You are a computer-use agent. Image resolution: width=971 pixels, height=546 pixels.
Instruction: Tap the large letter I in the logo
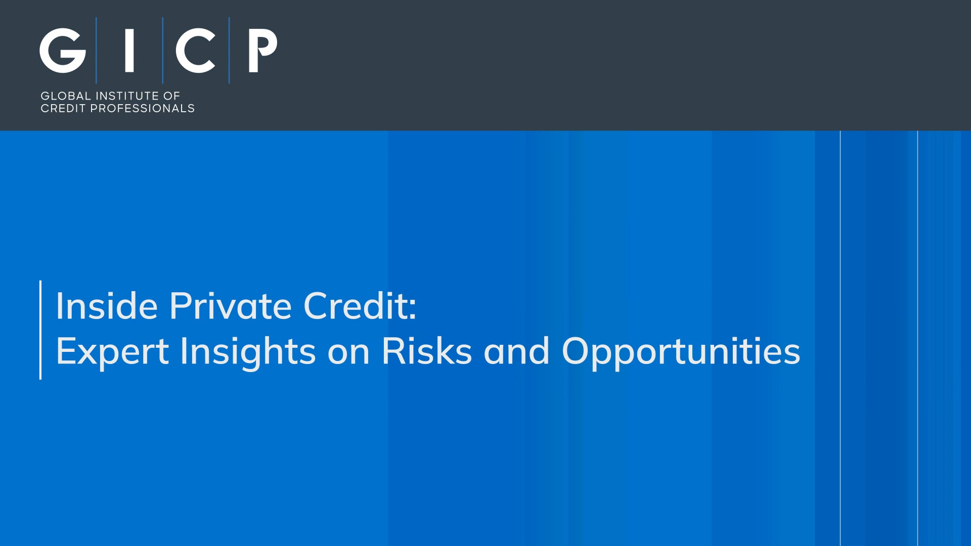pos(129,50)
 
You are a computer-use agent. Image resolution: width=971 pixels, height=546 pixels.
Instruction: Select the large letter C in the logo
pos(195,51)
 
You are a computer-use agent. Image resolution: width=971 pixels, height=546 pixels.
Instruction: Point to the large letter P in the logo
pos(262,50)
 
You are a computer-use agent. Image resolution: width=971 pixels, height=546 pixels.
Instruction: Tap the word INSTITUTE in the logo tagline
pos(127,96)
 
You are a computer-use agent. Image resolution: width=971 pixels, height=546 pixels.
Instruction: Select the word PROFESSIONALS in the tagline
pos(142,109)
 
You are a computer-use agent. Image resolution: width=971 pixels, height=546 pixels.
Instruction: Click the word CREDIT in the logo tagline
pos(63,109)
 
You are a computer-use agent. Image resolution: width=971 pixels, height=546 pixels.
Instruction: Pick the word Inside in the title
pos(107,306)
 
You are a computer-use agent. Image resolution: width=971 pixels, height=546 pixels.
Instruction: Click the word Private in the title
pos(231,306)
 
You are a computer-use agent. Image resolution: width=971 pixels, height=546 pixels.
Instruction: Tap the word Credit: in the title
pos(360,306)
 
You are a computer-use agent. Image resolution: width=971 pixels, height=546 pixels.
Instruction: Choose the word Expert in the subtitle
pos(112,352)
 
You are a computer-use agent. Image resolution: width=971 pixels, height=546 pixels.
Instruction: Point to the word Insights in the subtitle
pos(248,352)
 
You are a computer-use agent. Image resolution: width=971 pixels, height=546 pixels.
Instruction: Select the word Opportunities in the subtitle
pos(681,352)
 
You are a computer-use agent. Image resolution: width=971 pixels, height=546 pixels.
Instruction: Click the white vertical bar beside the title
pos(40,330)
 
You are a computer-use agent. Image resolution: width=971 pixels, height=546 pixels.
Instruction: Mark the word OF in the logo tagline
pos(171,96)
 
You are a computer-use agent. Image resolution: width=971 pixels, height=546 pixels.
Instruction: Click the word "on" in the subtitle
pos(348,354)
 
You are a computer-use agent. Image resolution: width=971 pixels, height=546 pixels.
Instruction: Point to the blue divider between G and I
pos(96,50)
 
